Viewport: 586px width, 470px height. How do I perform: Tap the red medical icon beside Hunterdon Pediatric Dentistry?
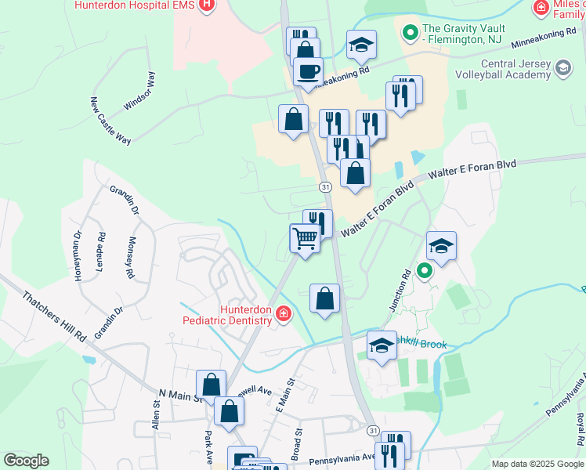pos(283,315)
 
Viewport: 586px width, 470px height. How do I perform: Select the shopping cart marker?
pos(305,238)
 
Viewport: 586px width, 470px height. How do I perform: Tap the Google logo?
pos(26,461)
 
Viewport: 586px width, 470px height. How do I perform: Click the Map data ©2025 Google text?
pos(537,464)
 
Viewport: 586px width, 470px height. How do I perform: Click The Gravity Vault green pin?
pos(408,32)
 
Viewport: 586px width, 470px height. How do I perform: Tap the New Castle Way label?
pos(109,121)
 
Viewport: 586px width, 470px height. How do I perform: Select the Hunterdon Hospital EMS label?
pos(133,5)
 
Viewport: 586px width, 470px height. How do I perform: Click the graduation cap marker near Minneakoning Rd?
pos(361,45)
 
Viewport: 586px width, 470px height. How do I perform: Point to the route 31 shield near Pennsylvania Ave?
pos(373,431)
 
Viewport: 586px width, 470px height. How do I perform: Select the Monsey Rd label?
pos(131,258)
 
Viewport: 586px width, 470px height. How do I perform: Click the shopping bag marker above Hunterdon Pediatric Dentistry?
pos(325,298)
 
